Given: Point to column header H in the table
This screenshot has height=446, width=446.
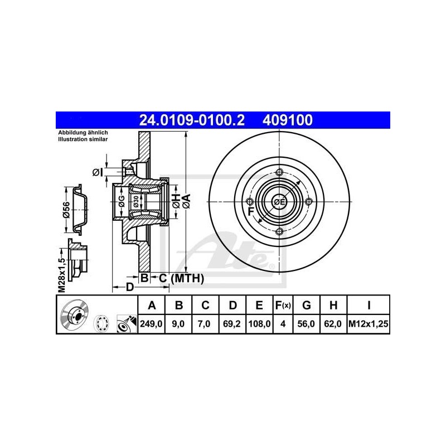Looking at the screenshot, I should (333, 305).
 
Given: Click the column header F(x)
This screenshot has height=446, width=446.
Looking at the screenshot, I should (283, 305).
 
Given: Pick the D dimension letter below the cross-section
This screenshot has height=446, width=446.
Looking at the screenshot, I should (129, 288).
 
